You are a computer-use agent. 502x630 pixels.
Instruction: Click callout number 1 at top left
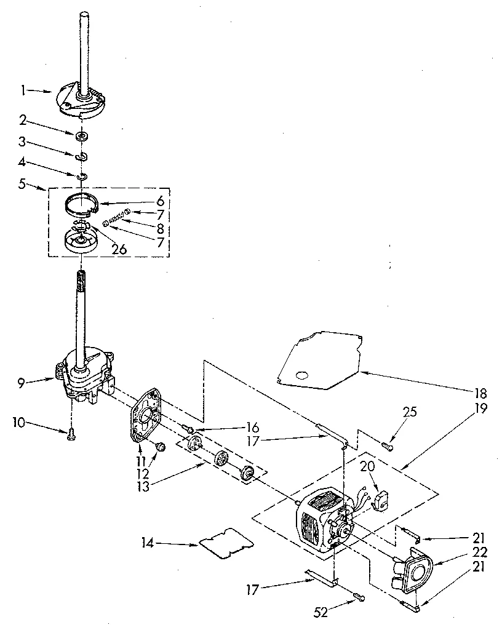point(23,90)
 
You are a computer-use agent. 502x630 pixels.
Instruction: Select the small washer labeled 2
point(81,135)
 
